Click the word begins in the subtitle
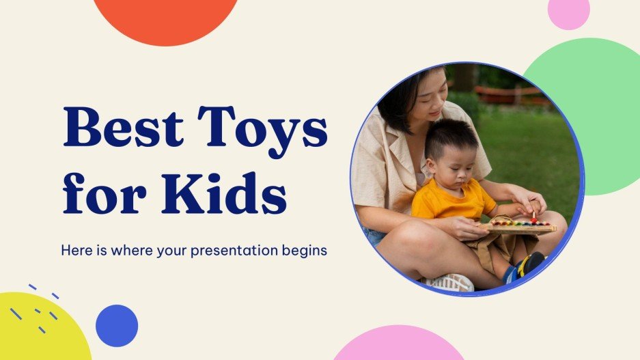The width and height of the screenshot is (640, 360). point(305,251)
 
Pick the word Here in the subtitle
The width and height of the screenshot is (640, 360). point(74,251)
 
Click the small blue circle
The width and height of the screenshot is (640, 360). point(117,325)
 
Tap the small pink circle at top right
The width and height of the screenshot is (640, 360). point(568,12)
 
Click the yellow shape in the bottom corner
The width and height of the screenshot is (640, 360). point(38,331)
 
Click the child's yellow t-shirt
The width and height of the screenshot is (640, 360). point(451,202)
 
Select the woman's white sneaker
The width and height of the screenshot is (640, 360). point(451,282)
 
